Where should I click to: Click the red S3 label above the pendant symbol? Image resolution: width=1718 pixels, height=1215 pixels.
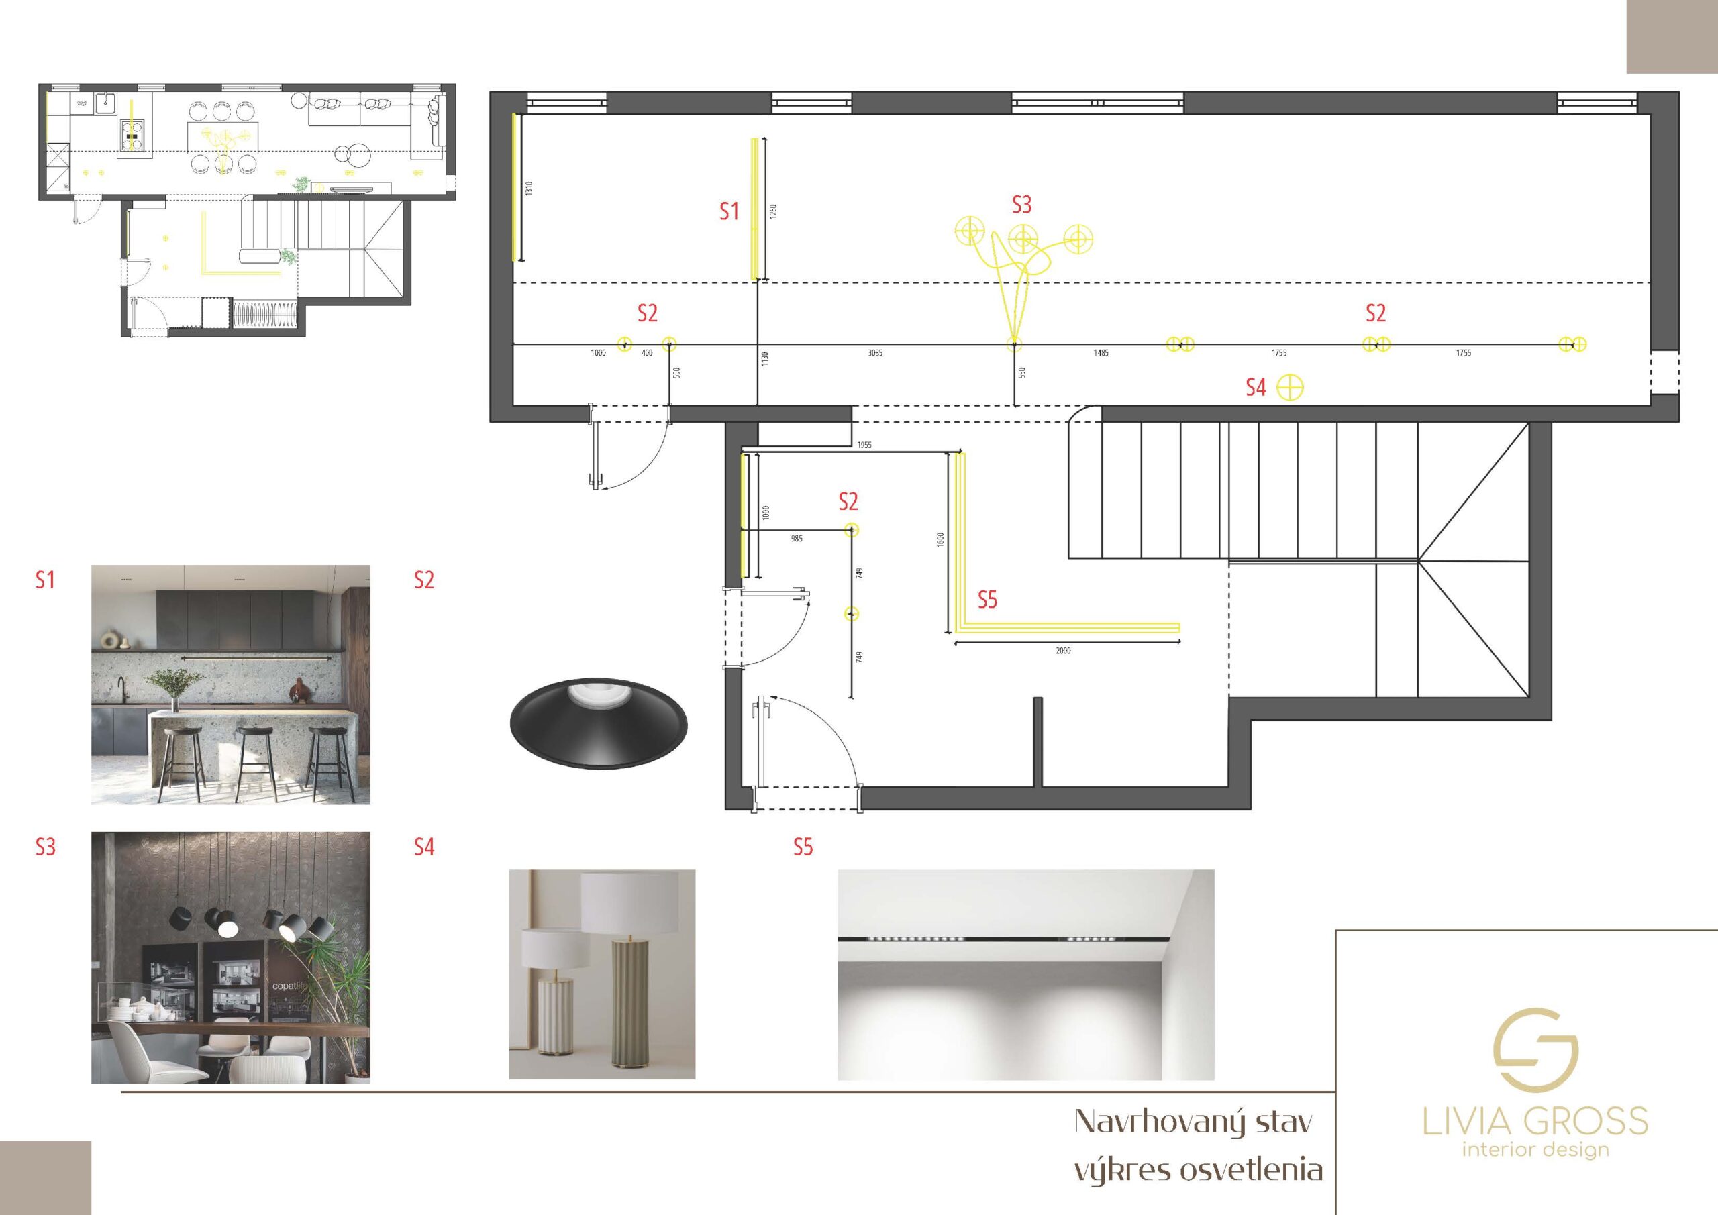click(1021, 204)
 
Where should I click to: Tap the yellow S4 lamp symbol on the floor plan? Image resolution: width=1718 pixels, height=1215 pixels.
click(1290, 388)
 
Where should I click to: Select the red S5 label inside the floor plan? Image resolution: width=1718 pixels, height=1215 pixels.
click(987, 599)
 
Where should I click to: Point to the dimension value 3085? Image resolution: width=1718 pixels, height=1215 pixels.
click(874, 352)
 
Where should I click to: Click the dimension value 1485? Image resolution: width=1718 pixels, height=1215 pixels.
click(1101, 352)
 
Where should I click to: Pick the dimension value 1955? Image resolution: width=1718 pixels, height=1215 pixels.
click(864, 445)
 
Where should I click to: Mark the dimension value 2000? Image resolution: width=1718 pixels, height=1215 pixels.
click(1063, 651)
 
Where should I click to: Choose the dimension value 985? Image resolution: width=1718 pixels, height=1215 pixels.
click(796, 539)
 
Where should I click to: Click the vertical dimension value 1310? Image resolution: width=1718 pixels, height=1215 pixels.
click(529, 189)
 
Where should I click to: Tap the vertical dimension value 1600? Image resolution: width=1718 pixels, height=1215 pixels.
click(941, 539)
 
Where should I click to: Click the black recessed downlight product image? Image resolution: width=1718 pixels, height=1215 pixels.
click(599, 723)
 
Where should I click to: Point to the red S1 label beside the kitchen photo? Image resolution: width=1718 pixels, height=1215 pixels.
click(45, 580)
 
